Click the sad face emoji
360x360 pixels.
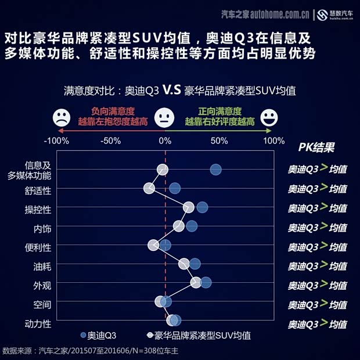tap(60, 118)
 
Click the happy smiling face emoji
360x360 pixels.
tap(269, 118)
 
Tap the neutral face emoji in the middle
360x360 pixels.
tap(165, 118)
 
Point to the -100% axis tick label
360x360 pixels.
tap(57, 141)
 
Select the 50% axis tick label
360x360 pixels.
tap(219, 141)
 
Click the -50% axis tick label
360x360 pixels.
tap(110, 141)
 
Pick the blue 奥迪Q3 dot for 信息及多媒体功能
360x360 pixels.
tap(215, 170)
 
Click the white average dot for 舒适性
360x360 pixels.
tap(149, 188)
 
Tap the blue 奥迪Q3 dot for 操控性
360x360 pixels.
tap(201, 207)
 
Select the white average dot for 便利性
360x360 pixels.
tap(153, 245)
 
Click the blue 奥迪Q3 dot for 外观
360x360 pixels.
tap(206, 283)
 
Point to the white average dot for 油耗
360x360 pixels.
tap(184, 264)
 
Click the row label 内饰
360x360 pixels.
tap(42, 228)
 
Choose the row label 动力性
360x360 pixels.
tap(38, 323)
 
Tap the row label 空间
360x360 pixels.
tap(42, 304)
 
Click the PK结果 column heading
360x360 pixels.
tap(316, 147)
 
